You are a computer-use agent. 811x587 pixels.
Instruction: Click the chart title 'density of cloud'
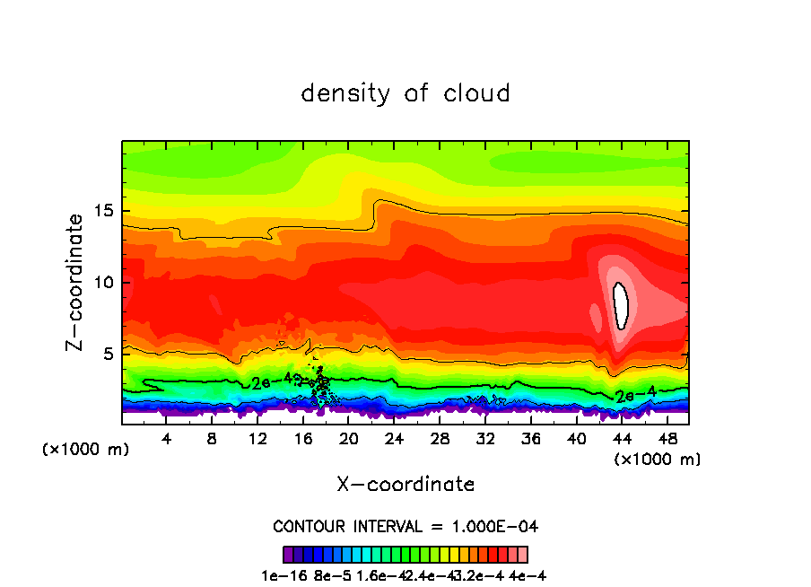point(405,92)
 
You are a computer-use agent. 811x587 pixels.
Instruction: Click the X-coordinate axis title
point(405,484)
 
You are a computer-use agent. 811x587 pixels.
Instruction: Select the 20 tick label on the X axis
point(349,439)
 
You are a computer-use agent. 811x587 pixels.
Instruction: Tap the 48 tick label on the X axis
point(667,439)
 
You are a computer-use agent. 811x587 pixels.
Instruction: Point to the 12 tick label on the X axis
point(257,439)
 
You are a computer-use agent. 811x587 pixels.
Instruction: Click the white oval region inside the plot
point(620,306)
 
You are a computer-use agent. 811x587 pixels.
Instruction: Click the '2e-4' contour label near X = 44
point(634,394)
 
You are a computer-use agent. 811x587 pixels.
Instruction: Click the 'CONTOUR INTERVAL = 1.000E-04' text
point(405,526)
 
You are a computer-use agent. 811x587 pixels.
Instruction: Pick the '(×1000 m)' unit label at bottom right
point(657,460)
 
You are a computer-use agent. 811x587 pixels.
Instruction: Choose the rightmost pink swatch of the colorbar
point(522,554)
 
